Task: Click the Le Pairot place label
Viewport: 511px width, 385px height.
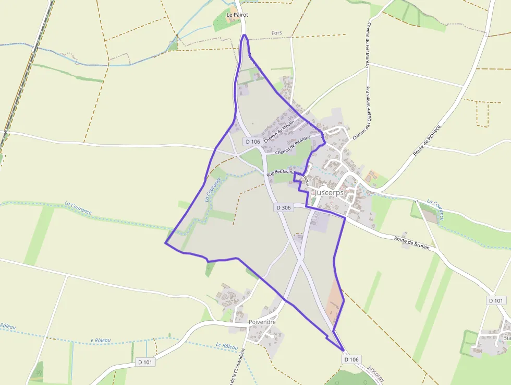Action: pyautogui.click(x=237, y=15)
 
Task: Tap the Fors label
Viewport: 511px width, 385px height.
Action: pyautogui.click(x=277, y=33)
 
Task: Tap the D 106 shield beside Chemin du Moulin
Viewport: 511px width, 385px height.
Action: pyautogui.click(x=252, y=142)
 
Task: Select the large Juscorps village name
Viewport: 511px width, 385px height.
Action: pyautogui.click(x=329, y=192)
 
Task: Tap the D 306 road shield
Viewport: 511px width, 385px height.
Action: pyautogui.click(x=283, y=207)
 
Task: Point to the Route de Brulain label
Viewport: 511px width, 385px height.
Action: pyautogui.click(x=412, y=242)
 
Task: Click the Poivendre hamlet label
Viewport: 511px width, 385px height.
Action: pyautogui.click(x=262, y=322)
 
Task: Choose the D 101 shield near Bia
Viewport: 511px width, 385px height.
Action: pyautogui.click(x=497, y=300)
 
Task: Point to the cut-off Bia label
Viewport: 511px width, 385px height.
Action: pyautogui.click(x=506, y=337)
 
